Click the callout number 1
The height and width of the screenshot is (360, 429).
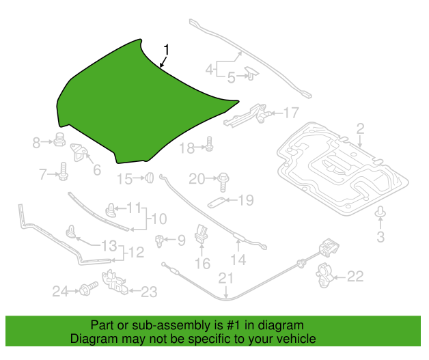click(x=166, y=50)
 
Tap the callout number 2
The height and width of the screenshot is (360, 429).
click(x=360, y=128)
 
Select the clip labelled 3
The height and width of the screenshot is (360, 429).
click(x=380, y=212)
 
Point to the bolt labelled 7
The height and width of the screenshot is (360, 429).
click(x=64, y=171)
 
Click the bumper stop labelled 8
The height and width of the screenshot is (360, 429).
click(x=59, y=139)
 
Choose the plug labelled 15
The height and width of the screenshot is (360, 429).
click(x=150, y=178)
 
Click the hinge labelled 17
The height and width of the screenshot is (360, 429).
click(x=247, y=114)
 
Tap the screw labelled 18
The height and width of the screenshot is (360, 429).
click(x=209, y=144)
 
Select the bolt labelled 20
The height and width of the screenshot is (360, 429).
click(x=223, y=182)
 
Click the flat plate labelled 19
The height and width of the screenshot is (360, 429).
click(x=217, y=203)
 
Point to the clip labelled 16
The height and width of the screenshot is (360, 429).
click(x=201, y=234)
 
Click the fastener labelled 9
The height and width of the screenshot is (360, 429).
click(x=159, y=241)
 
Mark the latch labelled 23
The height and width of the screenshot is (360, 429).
click(x=115, y=282)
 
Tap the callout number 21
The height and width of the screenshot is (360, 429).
click(x=225, y=278)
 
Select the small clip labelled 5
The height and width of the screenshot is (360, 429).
click(x=251, y=73)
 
